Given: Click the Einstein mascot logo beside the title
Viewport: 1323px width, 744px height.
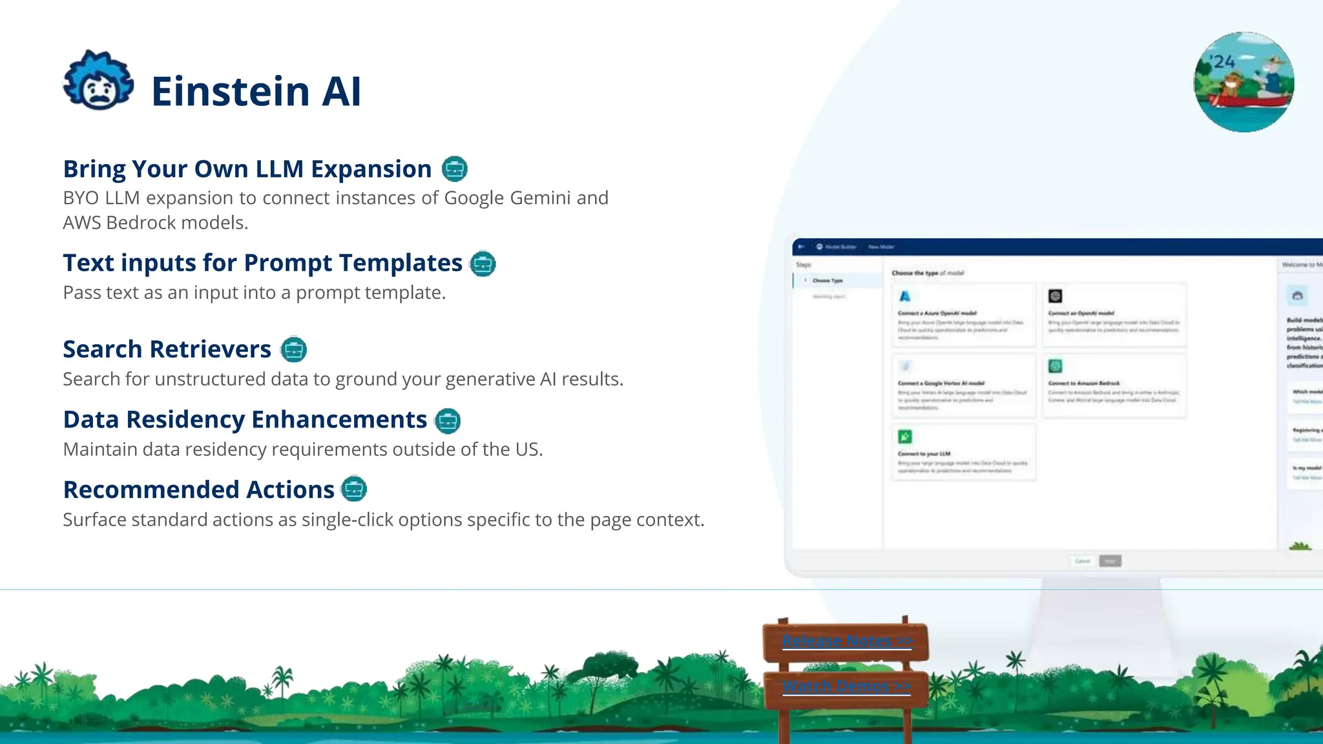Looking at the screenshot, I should (98, 81).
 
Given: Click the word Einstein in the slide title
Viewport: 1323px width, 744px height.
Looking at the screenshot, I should (231, 91).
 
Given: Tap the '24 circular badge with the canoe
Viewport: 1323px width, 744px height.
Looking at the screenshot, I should (1244, 82).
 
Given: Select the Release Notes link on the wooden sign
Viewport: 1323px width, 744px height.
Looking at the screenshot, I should (846, 641).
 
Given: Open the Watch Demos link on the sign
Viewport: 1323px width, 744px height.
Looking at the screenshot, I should (846, 686).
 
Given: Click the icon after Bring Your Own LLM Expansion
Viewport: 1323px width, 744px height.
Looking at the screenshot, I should (455, 169).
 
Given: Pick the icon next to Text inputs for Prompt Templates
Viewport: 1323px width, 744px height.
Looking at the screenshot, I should (483, 263).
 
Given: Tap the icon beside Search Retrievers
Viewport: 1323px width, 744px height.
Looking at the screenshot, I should (294, 349).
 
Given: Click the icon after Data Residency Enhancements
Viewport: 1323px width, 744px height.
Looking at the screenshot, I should (448, 420).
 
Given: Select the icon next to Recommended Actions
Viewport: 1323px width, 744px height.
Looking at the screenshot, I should (354, 490).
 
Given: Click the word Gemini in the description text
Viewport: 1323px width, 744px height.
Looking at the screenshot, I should (540, 198).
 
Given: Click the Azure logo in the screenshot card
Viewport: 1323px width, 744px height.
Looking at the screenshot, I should (905, 296).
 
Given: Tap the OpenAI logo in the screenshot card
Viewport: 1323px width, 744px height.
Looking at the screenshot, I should (1056, 296).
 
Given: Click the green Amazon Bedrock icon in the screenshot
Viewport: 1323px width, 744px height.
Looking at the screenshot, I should (1056, 366).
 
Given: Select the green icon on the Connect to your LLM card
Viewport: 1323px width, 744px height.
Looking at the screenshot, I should (905, 437).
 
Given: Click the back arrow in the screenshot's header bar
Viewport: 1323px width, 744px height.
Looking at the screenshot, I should (801, 247).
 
